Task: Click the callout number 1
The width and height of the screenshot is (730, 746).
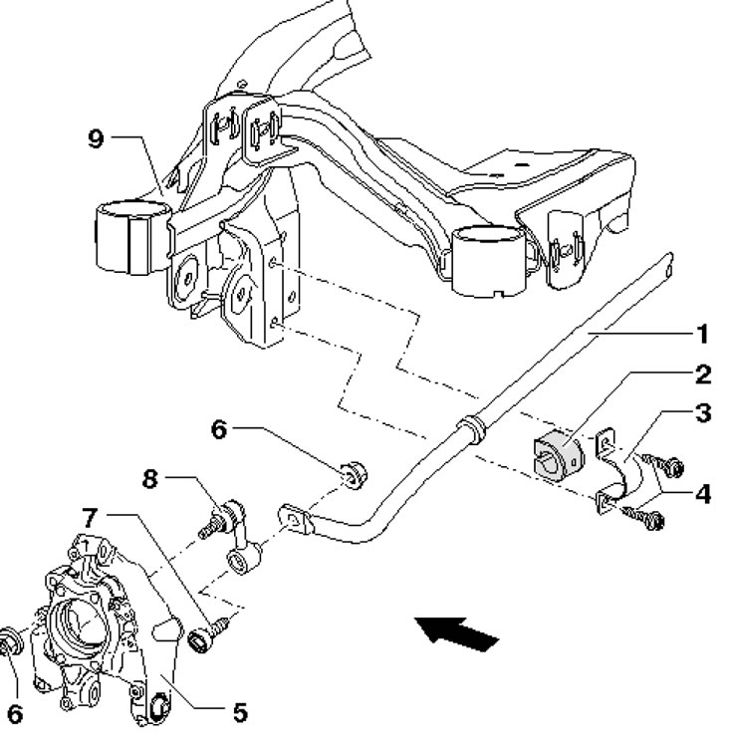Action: [x=703, y=334]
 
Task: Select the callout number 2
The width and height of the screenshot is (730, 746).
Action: [x=703, y=374]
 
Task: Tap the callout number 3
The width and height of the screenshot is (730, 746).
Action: [x=703, y=413]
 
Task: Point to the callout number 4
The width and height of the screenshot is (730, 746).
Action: [x=702, y=494]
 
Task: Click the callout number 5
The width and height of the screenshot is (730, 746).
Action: [x=240, y=712]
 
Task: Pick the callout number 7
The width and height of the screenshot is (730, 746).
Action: [x=90, y=518]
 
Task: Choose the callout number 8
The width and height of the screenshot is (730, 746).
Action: [x=149, y=479]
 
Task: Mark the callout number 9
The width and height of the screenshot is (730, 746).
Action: [x=96, y=138]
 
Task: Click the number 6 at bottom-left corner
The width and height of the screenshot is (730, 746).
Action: [x=15, y=714]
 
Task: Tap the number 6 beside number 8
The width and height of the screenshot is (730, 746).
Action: [x=219, y=430]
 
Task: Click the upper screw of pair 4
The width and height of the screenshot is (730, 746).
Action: [x=663, y=464]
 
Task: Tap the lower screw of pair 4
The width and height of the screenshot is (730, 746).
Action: [x=642, y=517]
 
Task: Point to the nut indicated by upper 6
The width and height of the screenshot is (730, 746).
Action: [x=355, y=474]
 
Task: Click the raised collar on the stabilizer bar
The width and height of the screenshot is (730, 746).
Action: [x=470, y=428]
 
